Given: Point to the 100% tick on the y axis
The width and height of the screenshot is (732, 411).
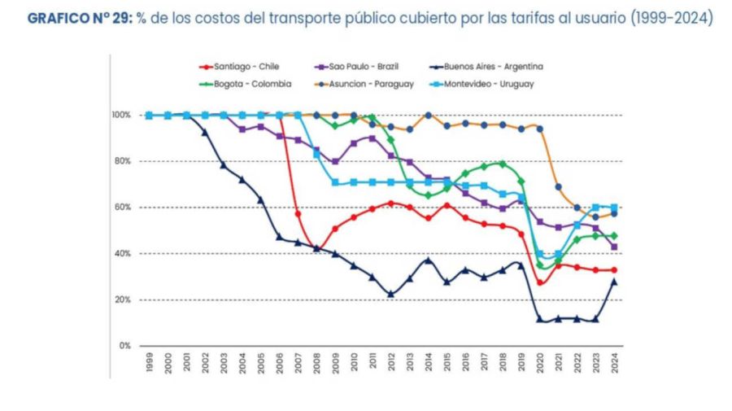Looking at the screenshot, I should [x=122, y=115].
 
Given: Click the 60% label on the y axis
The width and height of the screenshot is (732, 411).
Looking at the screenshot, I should [x=124, y=208].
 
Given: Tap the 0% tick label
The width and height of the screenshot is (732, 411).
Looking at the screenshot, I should [x=126, y=346].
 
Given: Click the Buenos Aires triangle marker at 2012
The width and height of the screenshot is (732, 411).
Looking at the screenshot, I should [x=391, y=294].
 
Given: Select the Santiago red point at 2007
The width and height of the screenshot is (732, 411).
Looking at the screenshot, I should [x=298, y=213].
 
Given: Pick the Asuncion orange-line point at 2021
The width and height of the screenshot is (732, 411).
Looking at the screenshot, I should [x=559, y=186].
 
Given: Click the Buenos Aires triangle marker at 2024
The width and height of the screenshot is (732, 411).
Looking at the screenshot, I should [x=615, y=282].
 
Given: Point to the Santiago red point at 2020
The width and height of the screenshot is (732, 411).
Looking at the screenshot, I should [x=540, y=282].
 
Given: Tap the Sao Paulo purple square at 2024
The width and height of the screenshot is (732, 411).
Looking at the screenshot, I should [x=615, y=247].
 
